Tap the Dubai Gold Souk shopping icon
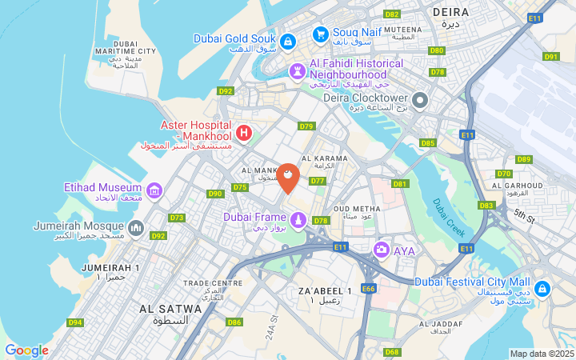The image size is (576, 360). coord(288,39)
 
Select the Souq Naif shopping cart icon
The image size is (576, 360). coord(320,34)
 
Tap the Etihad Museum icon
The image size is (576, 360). coord(154,190)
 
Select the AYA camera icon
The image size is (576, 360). coord(382,250)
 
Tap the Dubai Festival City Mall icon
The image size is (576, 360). coord(542,288)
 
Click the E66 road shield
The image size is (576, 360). coord(368,288)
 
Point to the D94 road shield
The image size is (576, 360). coord(75,322)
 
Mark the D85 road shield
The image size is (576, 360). coord(427,143)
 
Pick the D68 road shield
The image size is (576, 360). coord(391,352)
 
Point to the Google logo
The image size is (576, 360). coord(26,350)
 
